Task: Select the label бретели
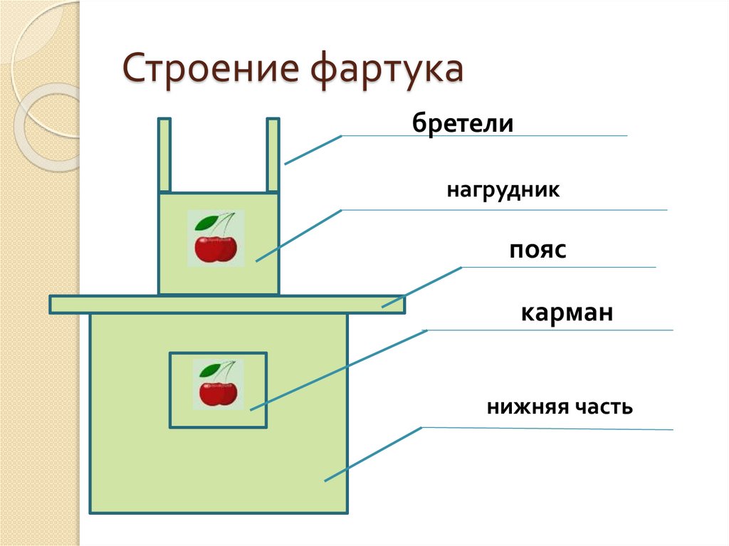(462, 124)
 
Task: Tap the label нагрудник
(504, 191)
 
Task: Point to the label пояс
(537, 251)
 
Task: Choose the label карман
(567, 313)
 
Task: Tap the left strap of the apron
(164, 155)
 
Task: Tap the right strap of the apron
(273, 155)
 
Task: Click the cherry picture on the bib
(216, 238)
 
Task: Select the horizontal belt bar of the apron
(227, 305)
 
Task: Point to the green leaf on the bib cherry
(206, 221)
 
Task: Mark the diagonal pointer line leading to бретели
(313, 149)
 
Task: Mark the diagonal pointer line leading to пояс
(421, 287)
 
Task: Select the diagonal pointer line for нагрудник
(299, 236)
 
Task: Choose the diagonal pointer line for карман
(338, 369)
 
